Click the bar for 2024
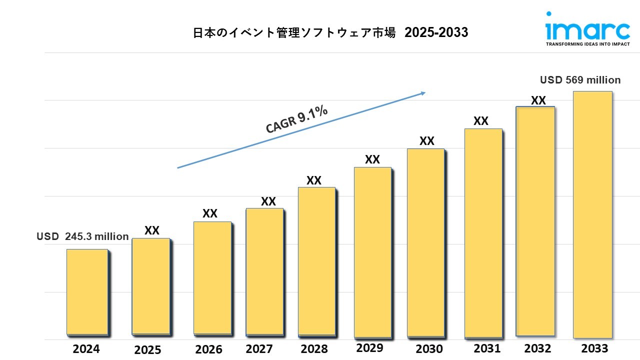87,291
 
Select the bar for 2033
592,214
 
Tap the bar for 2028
316,261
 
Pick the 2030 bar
425,242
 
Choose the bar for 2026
212,277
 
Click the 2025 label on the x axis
147,349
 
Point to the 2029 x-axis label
369,347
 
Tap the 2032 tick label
537,348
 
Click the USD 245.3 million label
83,236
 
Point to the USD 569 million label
580,80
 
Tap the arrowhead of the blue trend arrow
423,92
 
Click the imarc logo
587,30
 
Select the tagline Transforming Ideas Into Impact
587,44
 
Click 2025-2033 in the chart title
436,33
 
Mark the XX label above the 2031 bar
481,121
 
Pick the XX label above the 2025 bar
152,230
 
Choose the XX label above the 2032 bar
538,100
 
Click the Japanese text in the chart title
294,33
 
